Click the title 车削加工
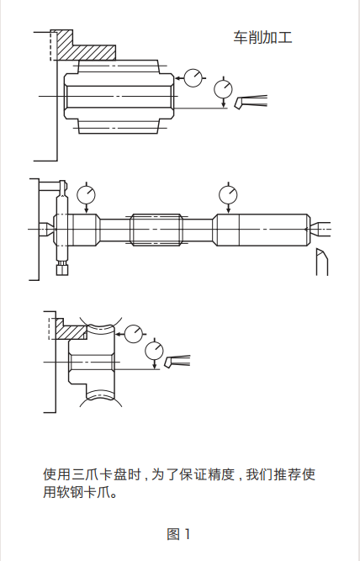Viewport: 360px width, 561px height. click(x=262, y=38)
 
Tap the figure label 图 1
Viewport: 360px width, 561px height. click(x=179, y=533)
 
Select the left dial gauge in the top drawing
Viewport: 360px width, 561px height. click(x=194, y=77)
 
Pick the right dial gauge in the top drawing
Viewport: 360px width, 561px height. click(x=224, y=88)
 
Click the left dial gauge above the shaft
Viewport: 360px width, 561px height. click(x=87, y=195)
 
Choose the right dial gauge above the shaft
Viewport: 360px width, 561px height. click(x=228, y=195)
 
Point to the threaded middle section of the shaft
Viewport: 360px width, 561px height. click(x=156, y=227)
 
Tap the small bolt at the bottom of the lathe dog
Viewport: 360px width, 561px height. click(x=61, y=269)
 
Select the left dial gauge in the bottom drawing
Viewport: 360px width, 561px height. click(x=135, y=334)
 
